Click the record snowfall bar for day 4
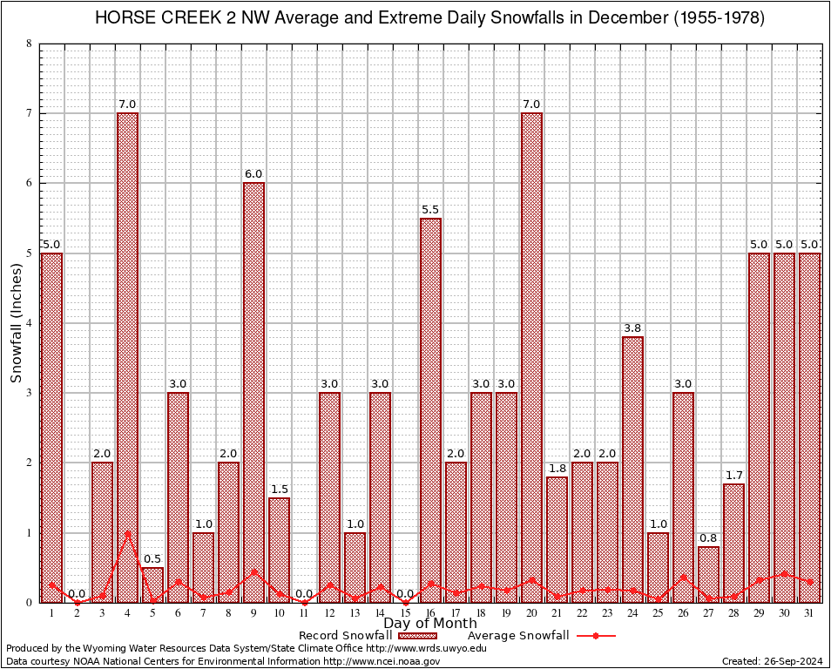coord(127,357)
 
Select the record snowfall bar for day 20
coord(531,357)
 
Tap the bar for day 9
coord(253,392)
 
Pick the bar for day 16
coord(430,409)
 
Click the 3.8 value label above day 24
coord(632,328)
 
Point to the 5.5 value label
coord(430,209)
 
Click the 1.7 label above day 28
coord(733,475)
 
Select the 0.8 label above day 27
coord(708,537)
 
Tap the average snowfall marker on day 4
coord(127,533)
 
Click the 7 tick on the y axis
coord(30,113)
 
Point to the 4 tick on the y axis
coord(30,323)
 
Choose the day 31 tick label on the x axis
coord(809,613)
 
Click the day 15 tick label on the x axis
coord(405,613)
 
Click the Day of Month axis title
coord(429,624)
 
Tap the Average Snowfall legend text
coord(517,636)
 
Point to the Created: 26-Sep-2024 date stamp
coord(772,661)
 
